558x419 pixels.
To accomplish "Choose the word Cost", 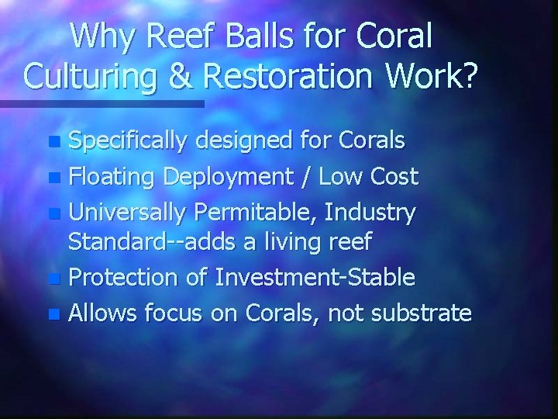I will coord(392,177).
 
